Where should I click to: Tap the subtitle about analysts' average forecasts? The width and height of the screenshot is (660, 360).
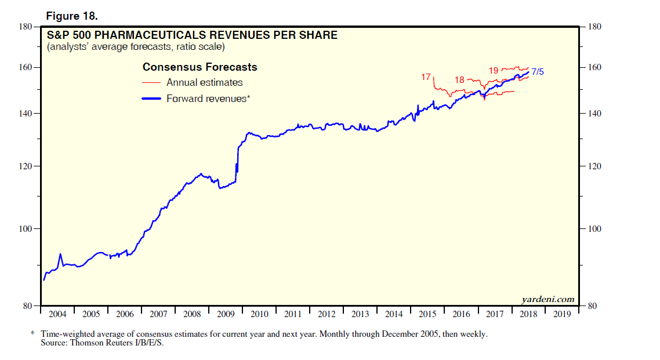coord(136,46)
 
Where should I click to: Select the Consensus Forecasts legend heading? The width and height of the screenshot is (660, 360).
coord(200,67)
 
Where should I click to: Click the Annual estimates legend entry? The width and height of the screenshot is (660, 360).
coord(204,83)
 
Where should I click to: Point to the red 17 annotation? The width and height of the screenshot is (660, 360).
coord(426,77)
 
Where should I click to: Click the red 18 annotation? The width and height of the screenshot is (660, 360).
coord(459,80)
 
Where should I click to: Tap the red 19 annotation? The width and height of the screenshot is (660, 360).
coord(494,71)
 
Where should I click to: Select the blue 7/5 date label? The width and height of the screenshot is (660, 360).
coord(538,72)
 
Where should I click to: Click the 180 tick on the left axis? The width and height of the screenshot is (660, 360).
coord(26,27)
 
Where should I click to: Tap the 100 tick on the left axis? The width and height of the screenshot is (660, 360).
coord(26,229)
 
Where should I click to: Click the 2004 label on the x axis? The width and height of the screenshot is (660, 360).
coord(57,314)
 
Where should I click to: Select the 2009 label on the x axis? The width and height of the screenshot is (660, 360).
coord(226,314)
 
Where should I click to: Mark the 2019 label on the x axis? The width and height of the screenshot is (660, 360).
coord(562,314)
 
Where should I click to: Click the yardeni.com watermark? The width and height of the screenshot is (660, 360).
coord(547,299)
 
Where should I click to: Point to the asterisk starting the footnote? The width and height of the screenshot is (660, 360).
coord(32,334)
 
